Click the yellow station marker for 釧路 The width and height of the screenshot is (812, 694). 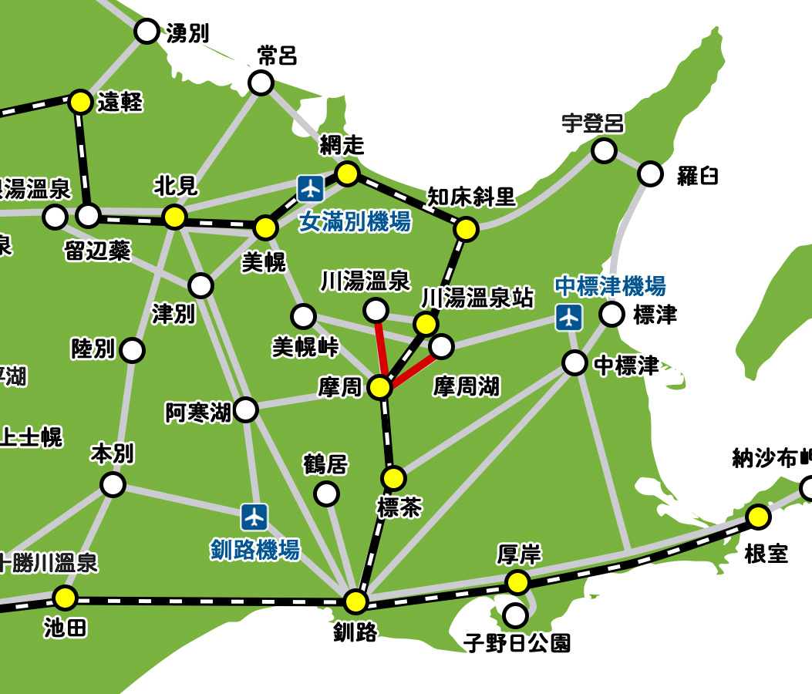[355, 601]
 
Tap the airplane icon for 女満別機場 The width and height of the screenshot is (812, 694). [311, 187]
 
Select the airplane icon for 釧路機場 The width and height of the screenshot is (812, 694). [254, 516]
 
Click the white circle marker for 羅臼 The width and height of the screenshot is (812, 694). [651, 174]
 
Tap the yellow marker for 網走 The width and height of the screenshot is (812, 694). [348, 173]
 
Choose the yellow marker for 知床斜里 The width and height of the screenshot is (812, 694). [466, 229]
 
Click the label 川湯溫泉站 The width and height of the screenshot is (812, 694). [477, 297]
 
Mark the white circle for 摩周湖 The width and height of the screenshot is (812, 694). [441, 347]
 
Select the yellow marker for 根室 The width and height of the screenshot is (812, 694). [758, 517]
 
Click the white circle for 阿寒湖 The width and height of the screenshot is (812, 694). [245, 409]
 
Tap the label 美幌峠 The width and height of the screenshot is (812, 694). [305, 348]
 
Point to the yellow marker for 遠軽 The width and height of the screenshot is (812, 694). [80, 101]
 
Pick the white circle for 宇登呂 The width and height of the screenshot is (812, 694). [605, 150]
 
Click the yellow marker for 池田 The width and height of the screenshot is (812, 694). [66, 597]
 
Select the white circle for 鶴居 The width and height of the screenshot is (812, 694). [327, 493]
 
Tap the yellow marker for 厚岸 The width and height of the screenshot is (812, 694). [517, 581]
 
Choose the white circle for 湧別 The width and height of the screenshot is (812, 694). [146, 32]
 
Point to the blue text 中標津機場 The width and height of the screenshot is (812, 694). [610, 286]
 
